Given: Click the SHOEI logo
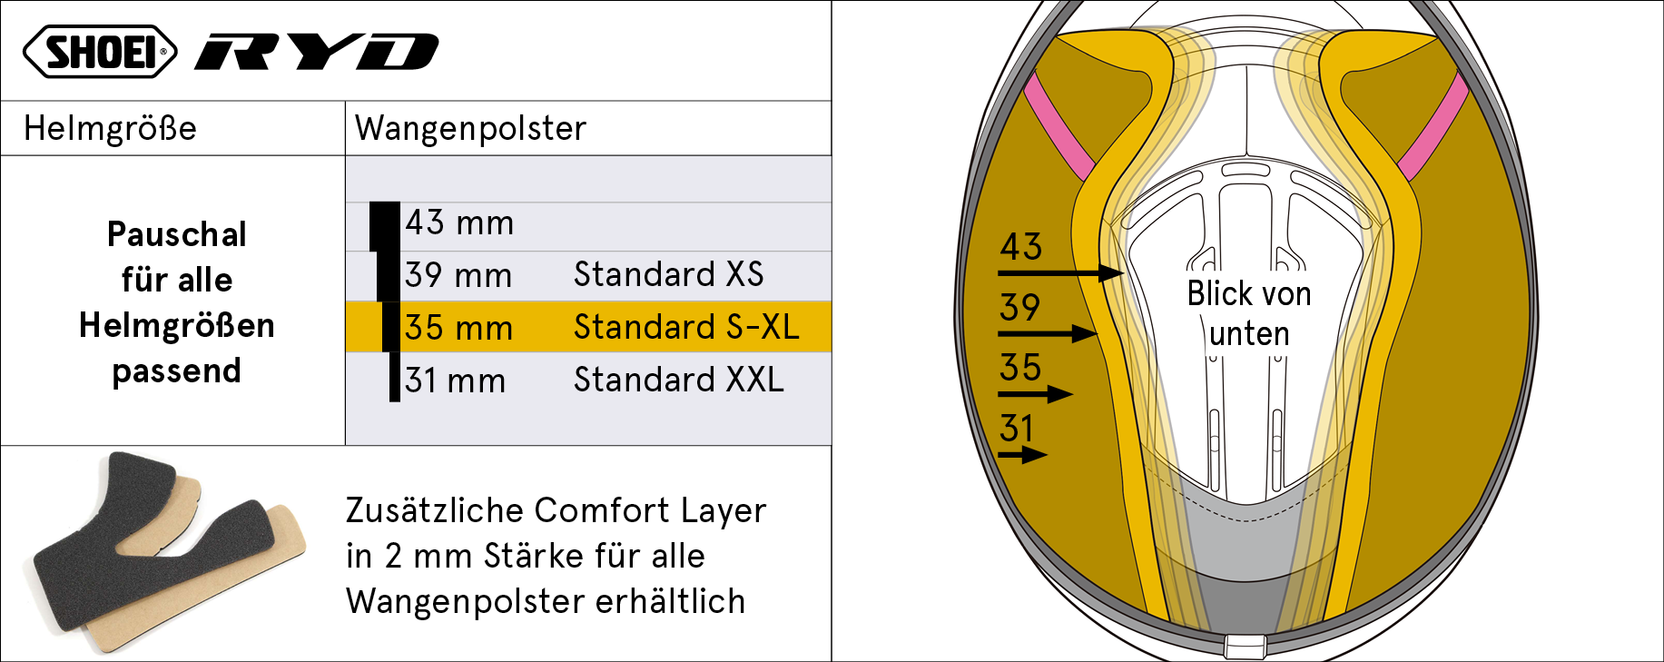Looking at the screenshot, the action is (x=100, y=51).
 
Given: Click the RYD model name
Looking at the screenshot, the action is (x=317, y=52).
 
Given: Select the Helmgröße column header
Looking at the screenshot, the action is (x=110, y=128).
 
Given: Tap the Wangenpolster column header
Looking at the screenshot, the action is (x=470, y=128).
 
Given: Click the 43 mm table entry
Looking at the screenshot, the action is (x=459, y=222).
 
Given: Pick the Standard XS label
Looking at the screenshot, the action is (x=668, y=274).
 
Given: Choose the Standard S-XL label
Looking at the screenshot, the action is (x=686, y=327).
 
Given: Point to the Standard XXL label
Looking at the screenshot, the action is (x=678, y=380).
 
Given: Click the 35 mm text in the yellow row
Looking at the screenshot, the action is (x=458, y=328).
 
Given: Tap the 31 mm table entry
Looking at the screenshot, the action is (x=455, y=380).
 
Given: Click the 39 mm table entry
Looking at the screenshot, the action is (x=458, y=275).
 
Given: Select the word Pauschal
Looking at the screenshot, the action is (x=177, y=235).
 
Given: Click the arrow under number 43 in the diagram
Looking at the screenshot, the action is (x=1060, y=272).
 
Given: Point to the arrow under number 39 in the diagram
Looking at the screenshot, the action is (x=1048, y=333).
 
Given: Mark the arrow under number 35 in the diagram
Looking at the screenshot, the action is (x=1035, y=394).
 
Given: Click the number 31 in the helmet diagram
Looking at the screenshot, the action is (x=1017, y=428).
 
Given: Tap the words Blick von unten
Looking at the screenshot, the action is (x=1249, y=313).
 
